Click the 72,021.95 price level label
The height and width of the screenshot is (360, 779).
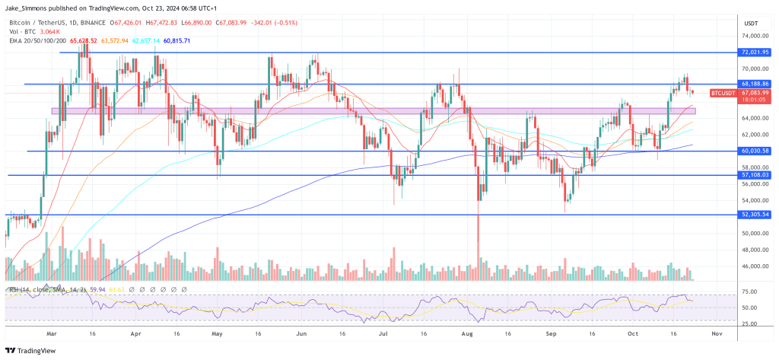tap(755, 53)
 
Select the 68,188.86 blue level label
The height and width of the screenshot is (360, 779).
tap(755, 84)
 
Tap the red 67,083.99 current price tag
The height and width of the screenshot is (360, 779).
tap(755, 93)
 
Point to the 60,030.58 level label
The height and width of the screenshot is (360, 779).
tap(755, 151)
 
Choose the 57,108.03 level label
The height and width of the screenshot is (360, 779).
tap(755, 175)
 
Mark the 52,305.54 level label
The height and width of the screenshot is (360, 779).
tap(755, 215)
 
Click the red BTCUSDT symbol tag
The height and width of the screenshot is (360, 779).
tap(722, 93)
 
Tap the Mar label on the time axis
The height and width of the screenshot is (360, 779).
tap(51, 333)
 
